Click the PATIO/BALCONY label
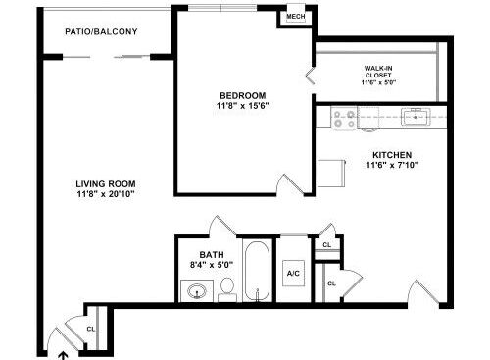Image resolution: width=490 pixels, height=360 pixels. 101,31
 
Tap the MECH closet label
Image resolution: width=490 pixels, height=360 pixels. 296,16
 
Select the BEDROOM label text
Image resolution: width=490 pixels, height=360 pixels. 243,95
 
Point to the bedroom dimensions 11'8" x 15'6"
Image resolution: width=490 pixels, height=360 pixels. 243,106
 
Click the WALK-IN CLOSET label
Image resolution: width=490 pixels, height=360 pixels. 378,72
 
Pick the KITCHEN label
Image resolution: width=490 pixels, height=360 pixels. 392,155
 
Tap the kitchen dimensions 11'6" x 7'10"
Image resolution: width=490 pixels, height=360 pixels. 392,165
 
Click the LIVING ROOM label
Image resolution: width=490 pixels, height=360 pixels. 106,183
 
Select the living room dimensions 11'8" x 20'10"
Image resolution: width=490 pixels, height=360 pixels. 106,194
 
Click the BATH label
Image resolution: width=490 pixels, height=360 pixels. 212,254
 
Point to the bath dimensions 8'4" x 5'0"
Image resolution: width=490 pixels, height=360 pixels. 212,265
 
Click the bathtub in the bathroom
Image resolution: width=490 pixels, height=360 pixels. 258,271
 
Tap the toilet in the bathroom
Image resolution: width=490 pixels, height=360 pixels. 227,290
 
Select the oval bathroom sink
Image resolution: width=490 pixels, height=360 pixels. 197,291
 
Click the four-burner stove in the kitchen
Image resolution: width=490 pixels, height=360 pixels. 344,118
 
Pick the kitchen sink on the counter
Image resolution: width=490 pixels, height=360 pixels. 416,117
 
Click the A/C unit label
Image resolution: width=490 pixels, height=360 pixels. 293,273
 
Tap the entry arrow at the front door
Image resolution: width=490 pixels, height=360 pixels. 63,356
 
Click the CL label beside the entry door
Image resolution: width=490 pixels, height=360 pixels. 90,329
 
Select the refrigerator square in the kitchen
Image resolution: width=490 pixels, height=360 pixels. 331,174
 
